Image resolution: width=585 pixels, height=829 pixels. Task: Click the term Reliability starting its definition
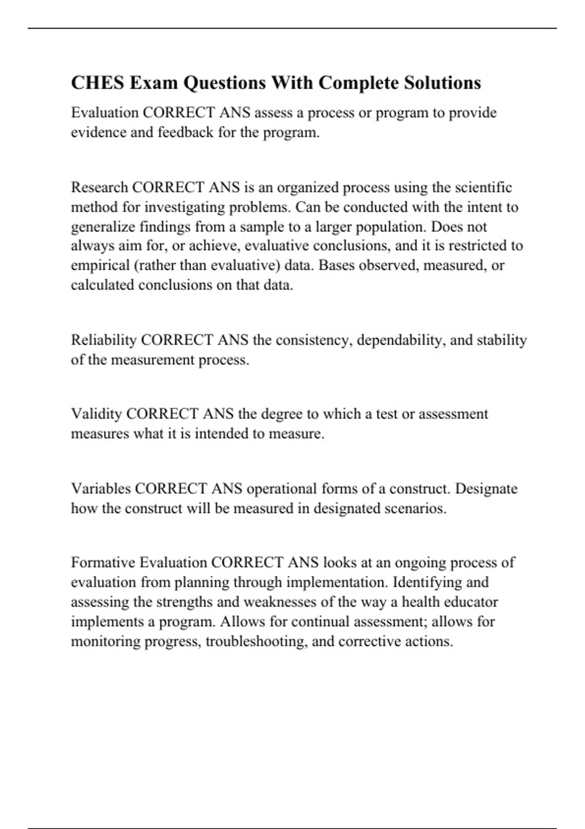tap(103, 340)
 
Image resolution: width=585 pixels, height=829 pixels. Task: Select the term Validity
tap(96, 414)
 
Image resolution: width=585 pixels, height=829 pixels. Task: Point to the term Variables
tap(100, 489)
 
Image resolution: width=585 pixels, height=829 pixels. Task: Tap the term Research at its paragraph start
tap(99, 188)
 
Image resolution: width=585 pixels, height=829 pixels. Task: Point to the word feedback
tap(186, 133)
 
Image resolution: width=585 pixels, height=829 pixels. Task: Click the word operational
tap(282, 489)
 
